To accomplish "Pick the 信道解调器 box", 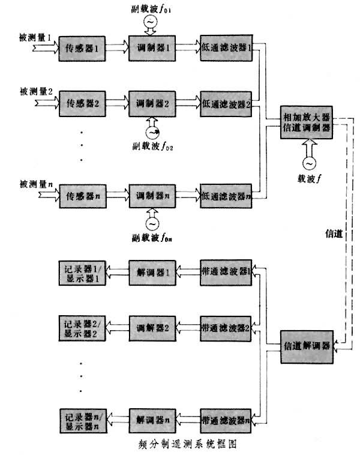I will (307, 346).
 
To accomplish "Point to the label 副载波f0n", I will (153, 237).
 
